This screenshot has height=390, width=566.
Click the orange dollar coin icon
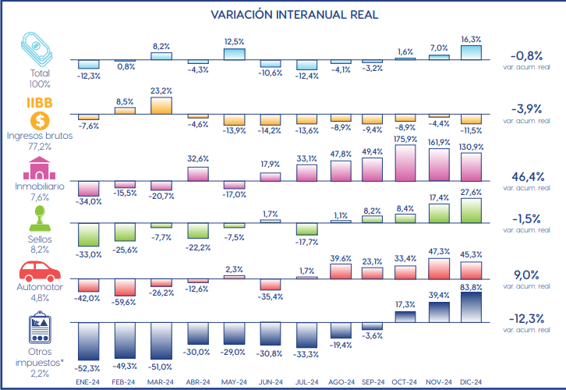coord(39,122)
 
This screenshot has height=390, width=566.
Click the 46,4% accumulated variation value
coord(527,177)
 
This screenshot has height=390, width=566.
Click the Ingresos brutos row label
coord(39,135)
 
